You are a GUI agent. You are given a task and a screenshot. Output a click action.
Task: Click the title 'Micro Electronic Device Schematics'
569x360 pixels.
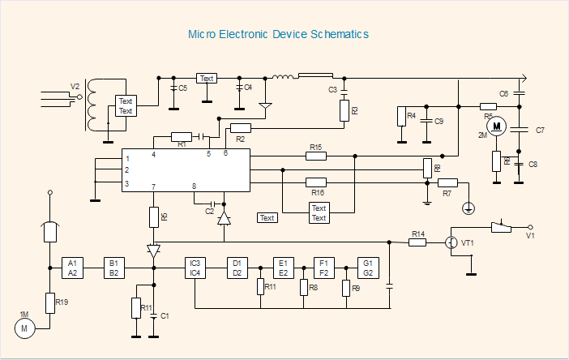tap(279, 35)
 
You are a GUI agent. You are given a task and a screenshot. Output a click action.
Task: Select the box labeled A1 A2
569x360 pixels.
tap(72, 268)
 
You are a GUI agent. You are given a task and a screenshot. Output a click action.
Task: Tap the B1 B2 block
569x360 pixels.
tap(114, 268)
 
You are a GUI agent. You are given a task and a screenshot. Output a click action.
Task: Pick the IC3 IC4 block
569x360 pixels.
tap(195, 268)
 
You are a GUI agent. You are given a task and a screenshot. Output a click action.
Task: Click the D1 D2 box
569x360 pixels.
tap(237, 268)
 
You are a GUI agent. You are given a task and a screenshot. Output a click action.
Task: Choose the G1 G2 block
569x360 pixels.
tap(368, 268)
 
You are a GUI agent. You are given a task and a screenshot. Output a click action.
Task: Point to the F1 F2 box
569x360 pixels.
tap(324, 268)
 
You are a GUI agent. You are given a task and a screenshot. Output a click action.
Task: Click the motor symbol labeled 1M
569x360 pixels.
tap(24, 328)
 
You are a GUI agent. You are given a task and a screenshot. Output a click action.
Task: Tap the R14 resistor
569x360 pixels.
tap(417, 242)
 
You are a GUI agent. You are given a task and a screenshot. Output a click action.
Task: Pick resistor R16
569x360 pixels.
tap(316, 182)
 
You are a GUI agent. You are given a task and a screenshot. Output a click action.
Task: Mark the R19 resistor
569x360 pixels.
tap(50, 303)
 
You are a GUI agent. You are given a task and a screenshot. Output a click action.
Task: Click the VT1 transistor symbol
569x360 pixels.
tap(452, 242)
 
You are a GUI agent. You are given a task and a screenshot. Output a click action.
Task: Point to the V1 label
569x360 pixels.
tap(530, 236)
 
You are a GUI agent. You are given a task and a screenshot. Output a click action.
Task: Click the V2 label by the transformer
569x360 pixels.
tap(75, 86)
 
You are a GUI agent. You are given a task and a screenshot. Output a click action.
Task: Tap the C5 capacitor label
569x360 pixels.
tap(182, 88)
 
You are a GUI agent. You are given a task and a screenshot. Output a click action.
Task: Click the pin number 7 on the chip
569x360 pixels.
tap(153, 187)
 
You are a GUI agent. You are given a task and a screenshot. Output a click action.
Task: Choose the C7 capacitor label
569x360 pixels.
tap(540, 131)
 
